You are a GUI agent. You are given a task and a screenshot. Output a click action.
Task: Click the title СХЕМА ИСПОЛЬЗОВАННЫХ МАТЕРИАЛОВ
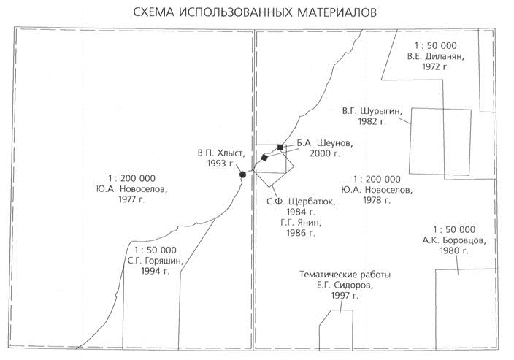(x=256, y=13)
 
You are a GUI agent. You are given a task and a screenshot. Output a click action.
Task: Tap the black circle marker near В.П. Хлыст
(x=243, y=175)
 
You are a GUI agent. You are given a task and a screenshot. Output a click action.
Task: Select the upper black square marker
(x=280, y=147)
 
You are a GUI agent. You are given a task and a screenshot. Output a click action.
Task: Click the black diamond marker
(x=265, y=158)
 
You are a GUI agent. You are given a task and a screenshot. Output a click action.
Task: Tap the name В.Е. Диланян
(x=434, y=55)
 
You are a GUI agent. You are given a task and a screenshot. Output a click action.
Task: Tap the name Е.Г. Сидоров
(x=345, y=286)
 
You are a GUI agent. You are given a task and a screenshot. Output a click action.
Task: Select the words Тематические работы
(x=345, y=275)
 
